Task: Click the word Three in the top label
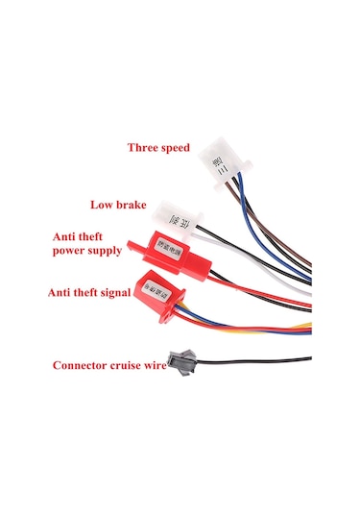[x=145, y=148]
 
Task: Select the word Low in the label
[x=103, y=205]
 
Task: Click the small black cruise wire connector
[x=180, y=360]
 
